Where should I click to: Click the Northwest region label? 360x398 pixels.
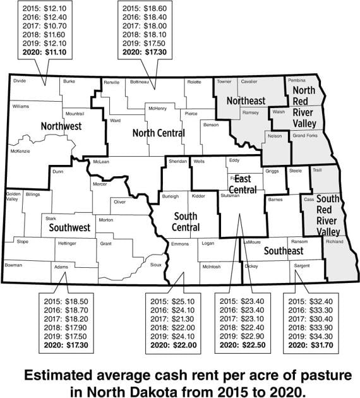pos(61,126)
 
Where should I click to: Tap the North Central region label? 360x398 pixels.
pos(159,133)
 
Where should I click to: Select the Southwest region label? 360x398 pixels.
pos(68,227)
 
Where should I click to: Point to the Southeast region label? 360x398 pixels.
pos(283,251)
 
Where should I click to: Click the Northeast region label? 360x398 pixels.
pos(246,100)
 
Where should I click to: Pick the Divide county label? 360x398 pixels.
pos(20,81)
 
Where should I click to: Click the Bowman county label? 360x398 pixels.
pos(15,265)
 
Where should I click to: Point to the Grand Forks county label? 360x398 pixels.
pos(304,136)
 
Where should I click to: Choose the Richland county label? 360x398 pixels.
pos(335,242)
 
